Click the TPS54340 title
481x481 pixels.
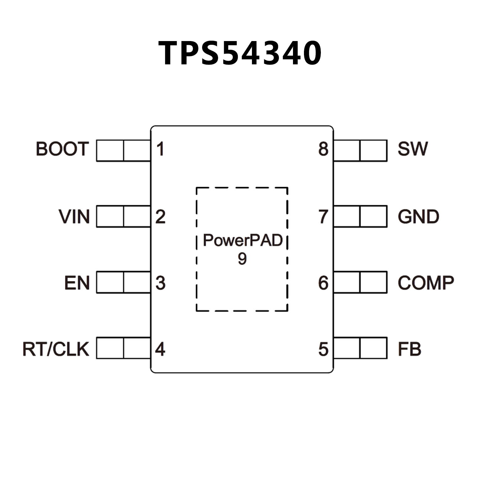pos(240,53)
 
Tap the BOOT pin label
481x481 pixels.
pos(62,149)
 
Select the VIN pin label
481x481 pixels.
pos(74,217)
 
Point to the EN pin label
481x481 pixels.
pos(77,283)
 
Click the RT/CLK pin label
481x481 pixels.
pos(56,349)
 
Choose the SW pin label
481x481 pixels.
pos(412,149)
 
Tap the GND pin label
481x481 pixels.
pos(418,217)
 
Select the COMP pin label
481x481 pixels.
pos(426,283)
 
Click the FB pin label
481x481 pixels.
pos(409,349)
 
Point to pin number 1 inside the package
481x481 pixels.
pos(160,149)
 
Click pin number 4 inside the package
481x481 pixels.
pos(160,349)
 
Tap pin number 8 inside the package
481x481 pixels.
pos(323,149)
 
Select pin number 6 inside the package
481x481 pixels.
pos(323,283)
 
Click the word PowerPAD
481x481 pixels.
pos(243,241)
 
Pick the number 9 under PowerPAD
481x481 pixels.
pos(242,259)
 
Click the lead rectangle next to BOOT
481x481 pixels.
pos(123,151)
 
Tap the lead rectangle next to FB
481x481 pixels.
pos(360,348)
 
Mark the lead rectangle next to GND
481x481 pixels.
pos(360,216)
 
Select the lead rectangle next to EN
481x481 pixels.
pos(123,282)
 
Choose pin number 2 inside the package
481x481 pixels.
pos(160,217)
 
